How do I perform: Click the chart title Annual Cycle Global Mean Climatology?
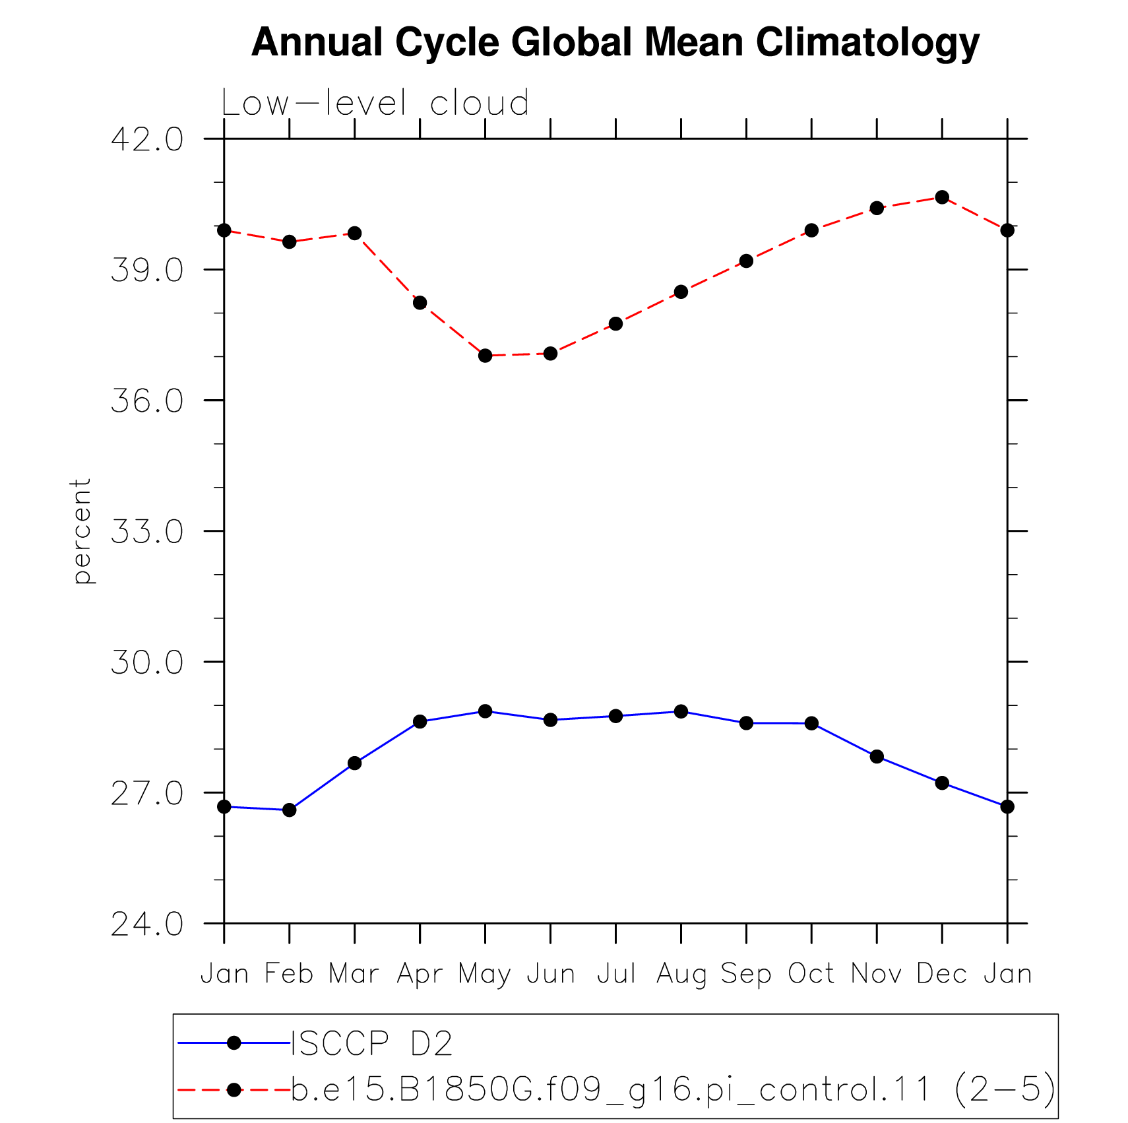(x=615, y=43)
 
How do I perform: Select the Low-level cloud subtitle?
(x=375, y=103)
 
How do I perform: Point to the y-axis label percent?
(x=82, y=531)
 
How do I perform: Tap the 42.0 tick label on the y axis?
(x=147, y=139)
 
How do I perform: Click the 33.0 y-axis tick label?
(x=147, y=531)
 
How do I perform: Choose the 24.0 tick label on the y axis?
(x=147, y=924)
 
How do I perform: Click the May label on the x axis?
(x=485, y=975)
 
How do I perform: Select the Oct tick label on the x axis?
(x=811, y=974)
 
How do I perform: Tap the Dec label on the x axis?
(x=942, y=974)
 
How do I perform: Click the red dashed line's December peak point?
(x=942, y=197)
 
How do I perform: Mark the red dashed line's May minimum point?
(x=485, y=356)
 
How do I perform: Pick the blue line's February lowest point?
(x=289, y=810)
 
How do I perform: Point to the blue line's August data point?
(x=681, y=711)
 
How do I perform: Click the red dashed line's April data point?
(x=420, y=303)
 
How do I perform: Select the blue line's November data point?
(x=877, y=757)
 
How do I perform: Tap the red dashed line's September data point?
(x=746, y=261)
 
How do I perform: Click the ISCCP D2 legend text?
(x=372, y=1044)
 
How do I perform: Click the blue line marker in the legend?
(x=234, y=1043)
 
